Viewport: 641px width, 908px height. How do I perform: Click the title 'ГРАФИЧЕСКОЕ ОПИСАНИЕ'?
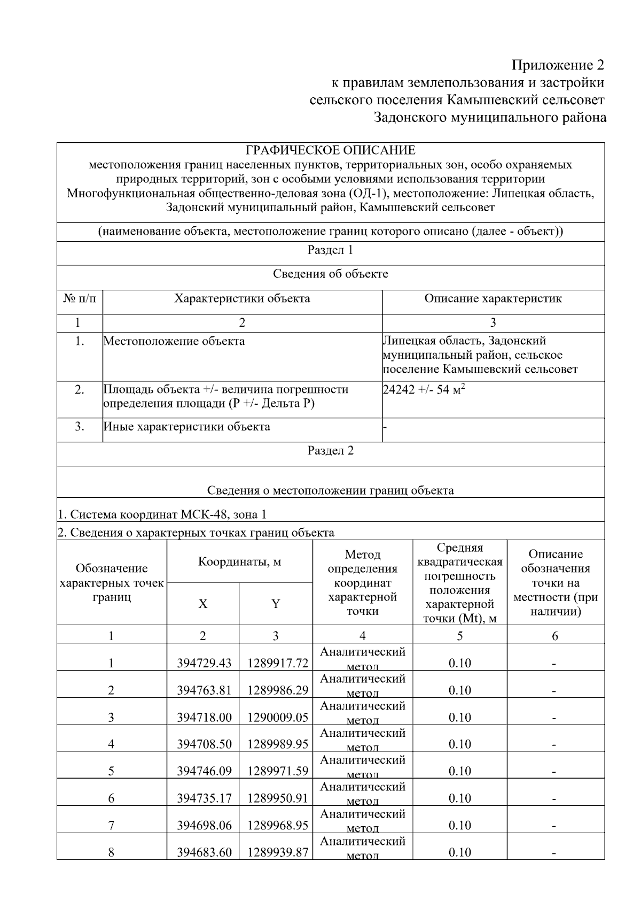330,150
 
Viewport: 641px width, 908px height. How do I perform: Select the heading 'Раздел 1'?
330,250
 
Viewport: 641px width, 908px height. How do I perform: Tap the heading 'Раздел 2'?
330,450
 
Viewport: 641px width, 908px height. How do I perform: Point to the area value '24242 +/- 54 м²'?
424,389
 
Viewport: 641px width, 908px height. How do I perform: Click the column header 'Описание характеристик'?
493,298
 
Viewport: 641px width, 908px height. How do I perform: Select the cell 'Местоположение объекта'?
174,341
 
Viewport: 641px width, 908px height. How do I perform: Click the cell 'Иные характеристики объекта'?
186,427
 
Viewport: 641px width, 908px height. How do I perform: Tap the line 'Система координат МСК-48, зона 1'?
162,514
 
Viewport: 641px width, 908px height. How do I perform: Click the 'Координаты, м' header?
239,561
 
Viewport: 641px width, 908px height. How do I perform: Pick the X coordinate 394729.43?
204,663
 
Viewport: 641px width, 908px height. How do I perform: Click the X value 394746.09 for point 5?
204,771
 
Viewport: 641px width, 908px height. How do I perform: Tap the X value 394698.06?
204,825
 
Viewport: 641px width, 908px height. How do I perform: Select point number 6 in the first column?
111,798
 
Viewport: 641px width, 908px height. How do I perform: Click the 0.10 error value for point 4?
459,744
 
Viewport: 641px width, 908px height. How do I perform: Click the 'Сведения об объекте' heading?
330,274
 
